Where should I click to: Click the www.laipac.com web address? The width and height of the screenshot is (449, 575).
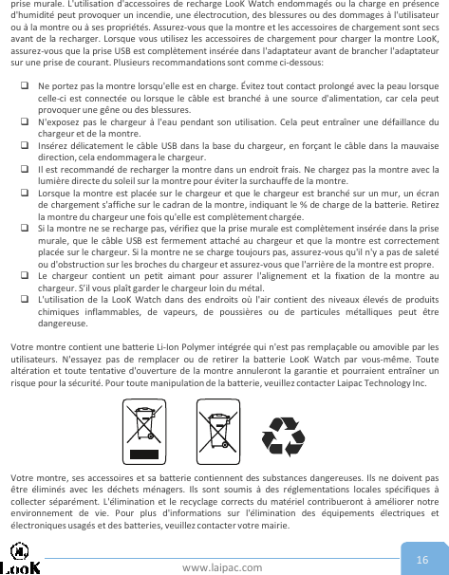(x=223, y=566)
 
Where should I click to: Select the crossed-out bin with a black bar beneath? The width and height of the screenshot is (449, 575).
(x=145, y=431)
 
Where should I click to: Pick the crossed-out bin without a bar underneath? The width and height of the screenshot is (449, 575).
(x=214, y=431)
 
